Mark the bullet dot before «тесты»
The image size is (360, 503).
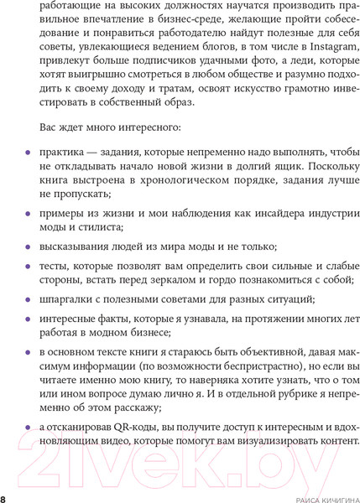[x=29, y=267]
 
